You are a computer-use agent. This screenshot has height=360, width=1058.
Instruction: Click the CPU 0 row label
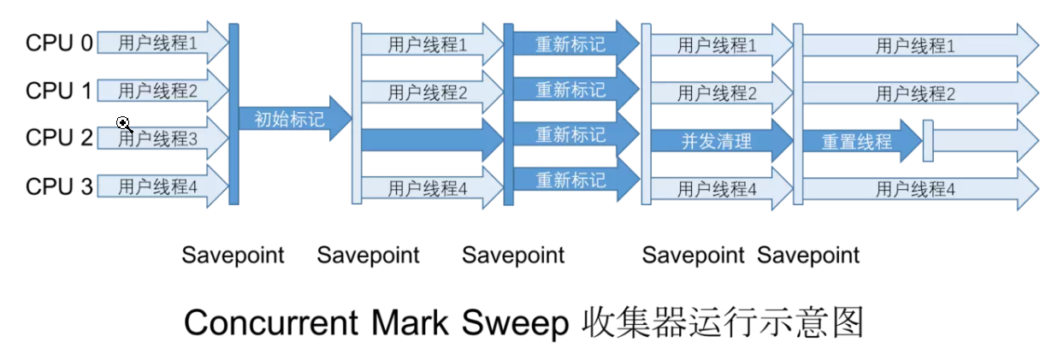click(x=59, y=43)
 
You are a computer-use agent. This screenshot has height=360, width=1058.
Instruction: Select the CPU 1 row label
click(x=59, y=91)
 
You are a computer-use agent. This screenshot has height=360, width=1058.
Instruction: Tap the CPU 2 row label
click(x=59, y=139)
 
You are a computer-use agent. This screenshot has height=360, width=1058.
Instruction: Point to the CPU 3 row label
click(x=59, y=186)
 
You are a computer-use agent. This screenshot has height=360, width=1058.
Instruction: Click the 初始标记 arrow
click(x=290, y=118)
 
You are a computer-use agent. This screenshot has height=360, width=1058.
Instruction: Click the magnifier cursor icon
click(x=124, y=124)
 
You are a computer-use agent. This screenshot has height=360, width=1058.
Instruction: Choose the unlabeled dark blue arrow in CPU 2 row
click(x=432, y=139)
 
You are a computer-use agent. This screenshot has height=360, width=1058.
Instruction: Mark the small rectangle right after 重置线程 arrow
click(x=928, y=141)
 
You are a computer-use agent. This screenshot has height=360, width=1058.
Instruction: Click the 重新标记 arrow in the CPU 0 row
click(x=570, y=43)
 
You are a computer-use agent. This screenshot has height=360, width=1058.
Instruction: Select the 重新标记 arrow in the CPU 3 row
click(x=570, y=180)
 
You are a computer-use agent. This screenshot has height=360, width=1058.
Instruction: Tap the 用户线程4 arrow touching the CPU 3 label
click(x=158, y=186)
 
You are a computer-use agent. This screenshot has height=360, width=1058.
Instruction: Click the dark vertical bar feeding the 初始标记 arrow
click(x=233, y=114)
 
